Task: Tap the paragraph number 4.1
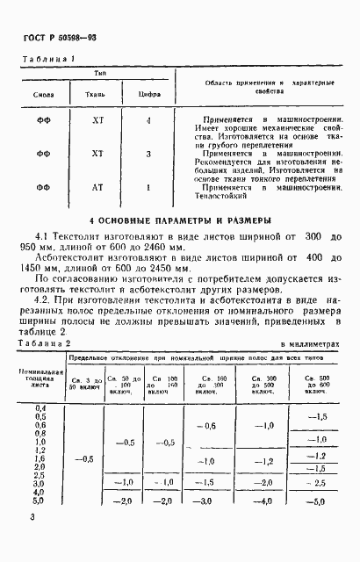click(41, 237)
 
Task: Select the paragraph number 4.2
click(41, 299)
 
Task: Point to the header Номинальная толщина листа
click(39, 378)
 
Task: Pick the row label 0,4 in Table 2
click(39, 408)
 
